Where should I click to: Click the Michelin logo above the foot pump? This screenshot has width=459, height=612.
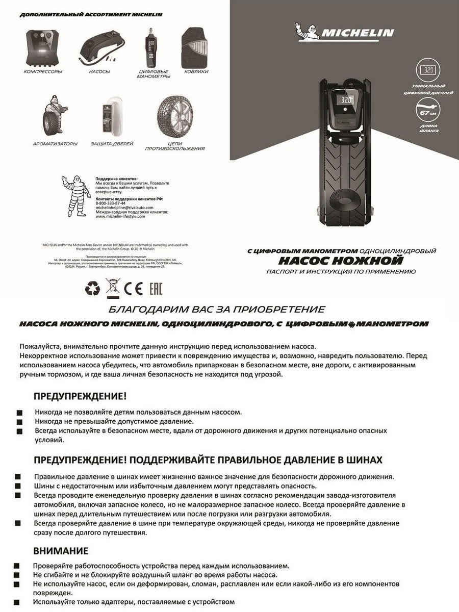(344, 32)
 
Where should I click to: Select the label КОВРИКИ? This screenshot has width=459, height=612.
(196, 72)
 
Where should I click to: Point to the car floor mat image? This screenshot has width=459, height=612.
(195, 47)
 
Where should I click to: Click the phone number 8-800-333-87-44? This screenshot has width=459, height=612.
(111, 203)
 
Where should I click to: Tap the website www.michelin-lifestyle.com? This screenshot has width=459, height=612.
(120, 216)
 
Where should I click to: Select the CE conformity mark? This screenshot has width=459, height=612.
(134, 289)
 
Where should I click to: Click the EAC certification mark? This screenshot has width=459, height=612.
(155, 289)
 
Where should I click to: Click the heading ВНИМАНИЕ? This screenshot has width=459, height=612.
(61, 551)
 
